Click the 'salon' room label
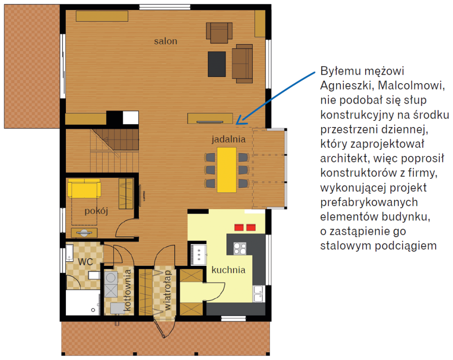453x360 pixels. click(165, 41)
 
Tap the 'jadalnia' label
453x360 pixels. click(228, 139)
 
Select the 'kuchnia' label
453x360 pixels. click(228, 270)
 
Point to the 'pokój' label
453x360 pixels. click(96, 211)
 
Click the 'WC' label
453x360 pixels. click(85, 262)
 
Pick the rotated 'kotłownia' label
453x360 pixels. click(127, 290)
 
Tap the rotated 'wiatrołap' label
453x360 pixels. click(167, 290)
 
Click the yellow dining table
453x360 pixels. click(227, 170)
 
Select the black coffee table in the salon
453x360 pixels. click(217, 64)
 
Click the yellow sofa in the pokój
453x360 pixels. click(84, 188)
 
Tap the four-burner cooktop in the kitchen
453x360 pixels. click(240, 248)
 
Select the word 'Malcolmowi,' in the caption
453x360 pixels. click(411, 85)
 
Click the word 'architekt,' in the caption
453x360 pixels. click(345, 158)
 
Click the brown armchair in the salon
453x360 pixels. click(219, 33)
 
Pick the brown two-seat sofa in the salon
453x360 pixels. click(242, 64)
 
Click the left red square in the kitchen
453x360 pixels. click(239, 227)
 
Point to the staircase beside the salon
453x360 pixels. click(114, 151)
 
